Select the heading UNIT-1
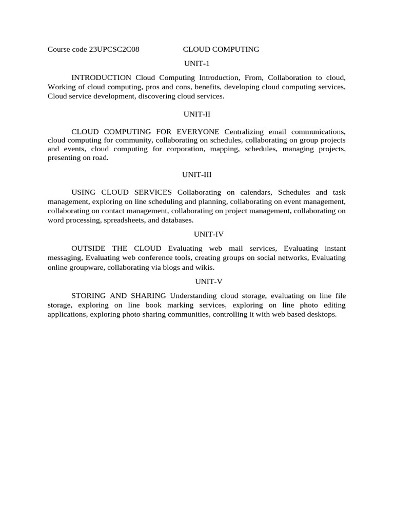[x=198, y=64]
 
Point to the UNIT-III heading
[x=197, y=175]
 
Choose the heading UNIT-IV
[x=197, y=234]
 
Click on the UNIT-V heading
[x=197, y=281]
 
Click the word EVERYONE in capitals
[x=197, y=132]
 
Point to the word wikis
[x=206, y=267]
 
